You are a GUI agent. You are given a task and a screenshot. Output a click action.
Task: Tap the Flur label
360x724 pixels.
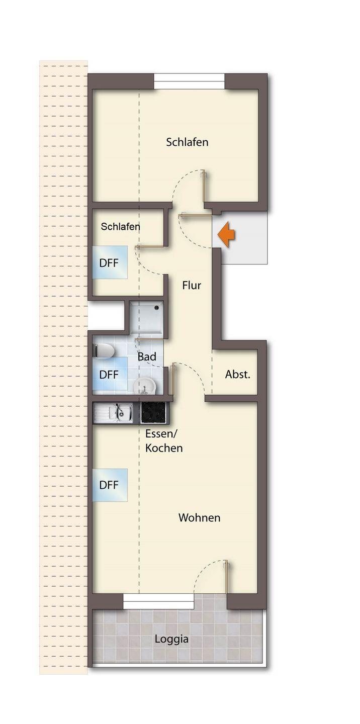click(x=192, y=286)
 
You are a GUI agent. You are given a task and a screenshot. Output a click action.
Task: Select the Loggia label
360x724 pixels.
click(x=171, y=639)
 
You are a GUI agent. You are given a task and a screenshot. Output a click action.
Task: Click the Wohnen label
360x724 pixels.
click(x=200, y=517)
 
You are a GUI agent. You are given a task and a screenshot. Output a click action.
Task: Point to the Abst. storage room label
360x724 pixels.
click(x=238, y=374)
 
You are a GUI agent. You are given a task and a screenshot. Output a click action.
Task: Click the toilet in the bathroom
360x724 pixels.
click(x=103, y=351)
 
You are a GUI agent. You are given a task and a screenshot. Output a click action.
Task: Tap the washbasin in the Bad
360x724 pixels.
click(x=145, y=385)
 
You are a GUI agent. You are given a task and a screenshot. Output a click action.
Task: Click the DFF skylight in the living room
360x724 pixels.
click(x=110, y=485)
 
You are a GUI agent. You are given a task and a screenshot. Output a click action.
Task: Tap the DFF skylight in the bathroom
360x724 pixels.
click(x=110, y=374)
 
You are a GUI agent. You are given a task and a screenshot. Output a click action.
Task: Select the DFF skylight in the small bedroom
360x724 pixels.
click(x=110, y=262)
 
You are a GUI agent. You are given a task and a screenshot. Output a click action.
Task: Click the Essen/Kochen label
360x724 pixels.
click(x=164, y=441)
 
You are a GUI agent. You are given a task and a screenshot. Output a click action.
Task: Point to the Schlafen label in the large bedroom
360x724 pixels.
click(x=187, y=142)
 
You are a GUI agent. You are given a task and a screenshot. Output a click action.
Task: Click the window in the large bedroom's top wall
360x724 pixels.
click(x=190, y=81)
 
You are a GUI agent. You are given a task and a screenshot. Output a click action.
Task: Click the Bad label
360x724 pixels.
click(x=147, y=357)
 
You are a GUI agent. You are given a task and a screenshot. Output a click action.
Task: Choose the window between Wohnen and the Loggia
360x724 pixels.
click(x=159, y=601)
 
